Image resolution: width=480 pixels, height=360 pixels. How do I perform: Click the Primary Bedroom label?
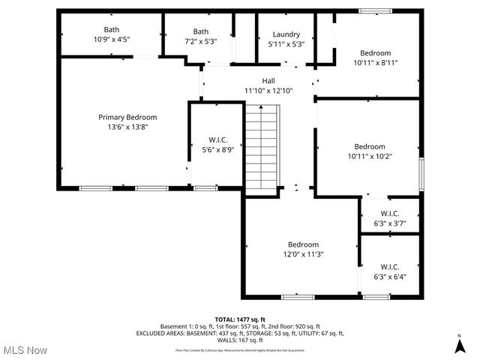tap(127, 117)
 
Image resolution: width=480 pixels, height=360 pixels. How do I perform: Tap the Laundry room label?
tap(286, 34)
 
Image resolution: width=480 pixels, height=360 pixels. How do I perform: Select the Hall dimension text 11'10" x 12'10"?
tap(268, 90)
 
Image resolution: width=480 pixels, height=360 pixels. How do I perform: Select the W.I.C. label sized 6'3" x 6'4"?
tap(389, 266)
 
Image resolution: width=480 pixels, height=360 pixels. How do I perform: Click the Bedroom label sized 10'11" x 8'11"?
tap(375, 53)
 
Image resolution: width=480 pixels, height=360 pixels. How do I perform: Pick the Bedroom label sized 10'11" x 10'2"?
tap(370, 146)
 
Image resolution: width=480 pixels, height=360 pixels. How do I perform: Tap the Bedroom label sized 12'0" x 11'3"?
tap(303, 244)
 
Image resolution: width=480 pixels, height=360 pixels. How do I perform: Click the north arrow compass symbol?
tap(458, 346)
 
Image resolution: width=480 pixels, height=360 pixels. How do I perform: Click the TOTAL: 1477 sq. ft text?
tap(239, 319)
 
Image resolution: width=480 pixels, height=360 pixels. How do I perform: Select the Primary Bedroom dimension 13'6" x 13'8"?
tap(127, 127)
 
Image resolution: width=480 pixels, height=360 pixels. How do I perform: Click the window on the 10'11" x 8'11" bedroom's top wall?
tap(370, 11)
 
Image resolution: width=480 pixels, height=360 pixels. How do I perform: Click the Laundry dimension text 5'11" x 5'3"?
tap(286, 43)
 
